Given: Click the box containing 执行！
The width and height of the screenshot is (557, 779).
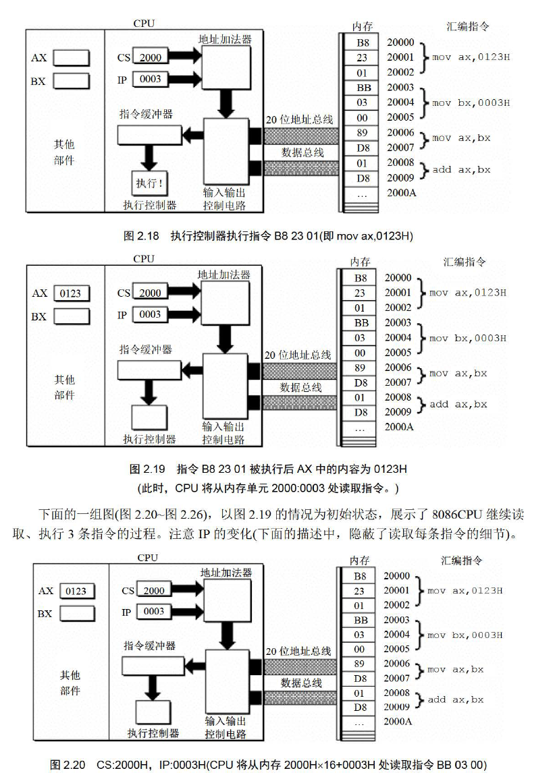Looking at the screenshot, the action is coord(149,184).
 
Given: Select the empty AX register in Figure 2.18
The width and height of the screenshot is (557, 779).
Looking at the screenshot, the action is coord(72,58).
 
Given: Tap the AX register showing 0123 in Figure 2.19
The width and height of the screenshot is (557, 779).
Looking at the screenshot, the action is coord(72,293).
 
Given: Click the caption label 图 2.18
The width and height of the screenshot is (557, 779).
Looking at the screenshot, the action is coord(141,236).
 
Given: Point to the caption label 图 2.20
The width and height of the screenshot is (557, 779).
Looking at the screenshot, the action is coord(68,765).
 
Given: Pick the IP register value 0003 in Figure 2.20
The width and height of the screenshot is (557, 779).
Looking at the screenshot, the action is coord(154,612).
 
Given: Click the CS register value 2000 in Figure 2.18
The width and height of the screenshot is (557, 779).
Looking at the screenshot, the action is coord(150,57).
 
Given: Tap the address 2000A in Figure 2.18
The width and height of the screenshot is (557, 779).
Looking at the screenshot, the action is coord(401,193).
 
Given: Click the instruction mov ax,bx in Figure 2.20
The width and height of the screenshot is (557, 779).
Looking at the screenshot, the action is coord(456,670).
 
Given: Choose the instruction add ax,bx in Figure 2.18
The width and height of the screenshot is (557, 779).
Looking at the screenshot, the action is coord(462,170).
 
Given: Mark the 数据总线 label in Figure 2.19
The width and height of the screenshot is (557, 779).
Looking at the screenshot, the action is coord(301,387).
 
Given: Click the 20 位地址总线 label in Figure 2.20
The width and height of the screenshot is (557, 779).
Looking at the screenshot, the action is coord(298,651).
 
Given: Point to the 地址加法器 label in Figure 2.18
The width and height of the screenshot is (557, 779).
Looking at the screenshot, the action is coord(225,39).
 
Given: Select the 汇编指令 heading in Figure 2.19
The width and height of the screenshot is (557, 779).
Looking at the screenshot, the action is coord(465,262).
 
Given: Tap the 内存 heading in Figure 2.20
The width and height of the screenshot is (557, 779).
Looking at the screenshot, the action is coord(360,561).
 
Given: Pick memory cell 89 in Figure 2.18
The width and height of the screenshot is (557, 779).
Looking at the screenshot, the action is coord(362,133).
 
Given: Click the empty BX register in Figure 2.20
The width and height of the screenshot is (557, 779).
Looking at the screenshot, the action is coord(77,614).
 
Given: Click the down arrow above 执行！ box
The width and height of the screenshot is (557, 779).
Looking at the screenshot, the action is coord(149,158).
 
